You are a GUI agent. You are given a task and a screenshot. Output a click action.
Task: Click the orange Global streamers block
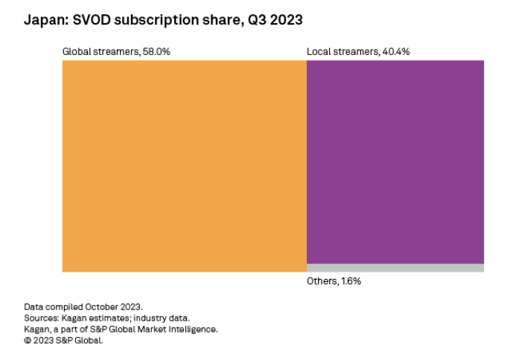pos(184,165)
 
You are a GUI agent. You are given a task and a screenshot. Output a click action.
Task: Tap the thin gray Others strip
pos(395,268)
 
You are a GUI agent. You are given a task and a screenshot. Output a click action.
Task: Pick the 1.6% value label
pos(351,281)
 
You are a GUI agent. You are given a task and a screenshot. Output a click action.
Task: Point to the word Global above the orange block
pos(77,51)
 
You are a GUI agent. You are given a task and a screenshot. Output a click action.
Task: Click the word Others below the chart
pos(322,281)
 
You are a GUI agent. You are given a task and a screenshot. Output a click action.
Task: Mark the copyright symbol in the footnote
pos(28,340)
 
